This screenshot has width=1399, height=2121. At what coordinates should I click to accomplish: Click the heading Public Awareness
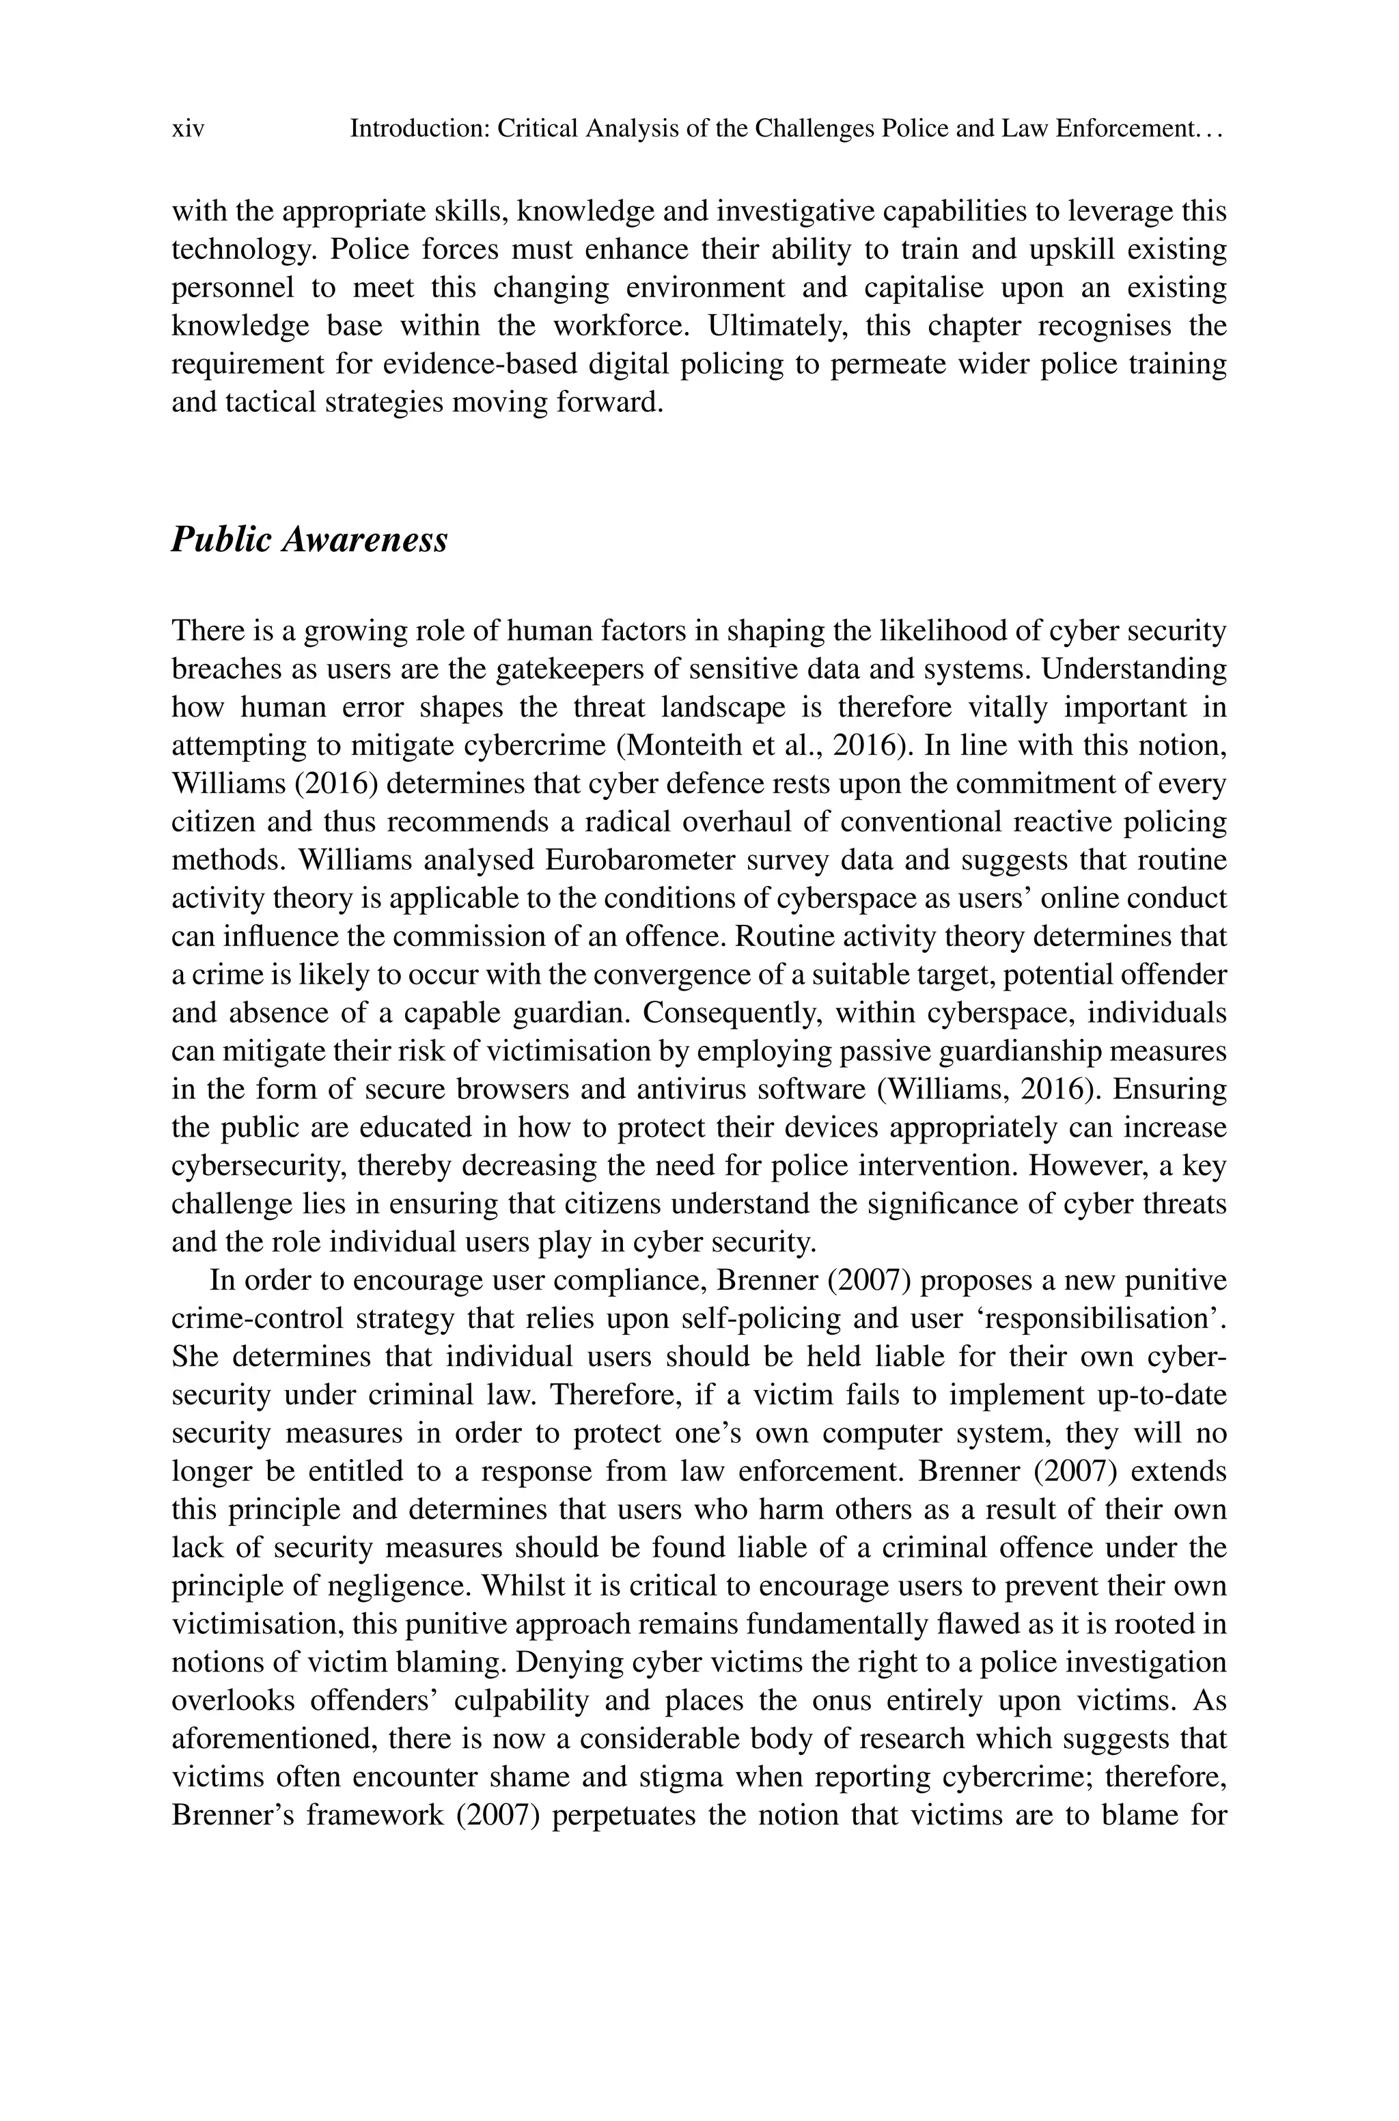tap(309, 540)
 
